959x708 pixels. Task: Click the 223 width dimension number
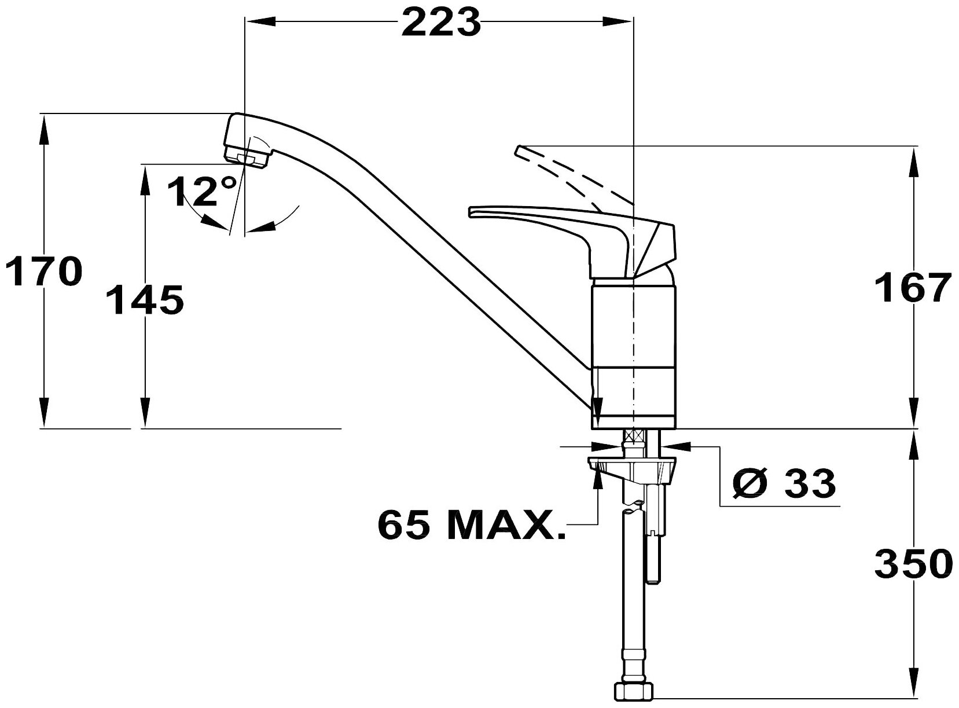[x=441, y=22]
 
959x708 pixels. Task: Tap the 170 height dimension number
[x=43, y=271]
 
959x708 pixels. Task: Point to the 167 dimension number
[x=913, y=288]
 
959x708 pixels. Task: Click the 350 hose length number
[x=914, y=564]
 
